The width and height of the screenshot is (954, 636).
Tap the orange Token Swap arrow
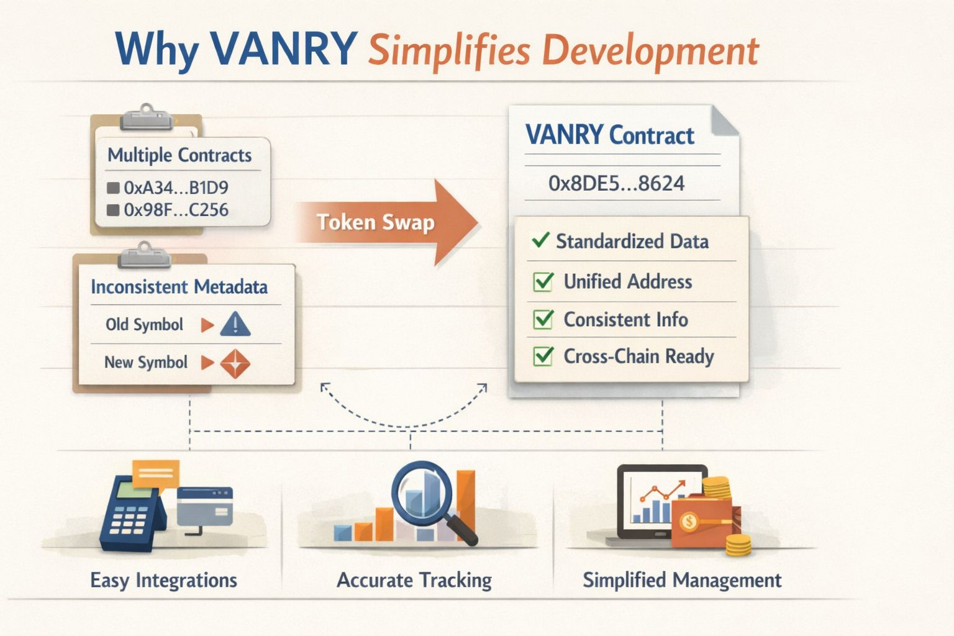385,222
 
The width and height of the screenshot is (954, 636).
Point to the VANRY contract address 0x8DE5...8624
616,183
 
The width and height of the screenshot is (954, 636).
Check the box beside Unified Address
543,282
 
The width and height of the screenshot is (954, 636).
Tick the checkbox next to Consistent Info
543,320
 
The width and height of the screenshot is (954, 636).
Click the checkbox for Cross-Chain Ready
543,357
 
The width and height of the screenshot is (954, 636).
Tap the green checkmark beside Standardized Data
540,240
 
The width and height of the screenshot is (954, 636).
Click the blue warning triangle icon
235,325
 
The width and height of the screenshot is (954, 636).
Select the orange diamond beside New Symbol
235,363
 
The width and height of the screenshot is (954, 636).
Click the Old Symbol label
144,325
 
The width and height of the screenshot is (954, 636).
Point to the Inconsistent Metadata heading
179,287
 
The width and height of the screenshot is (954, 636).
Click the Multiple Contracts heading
179,155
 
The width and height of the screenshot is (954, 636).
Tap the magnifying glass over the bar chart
424,491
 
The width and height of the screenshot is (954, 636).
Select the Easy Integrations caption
163,580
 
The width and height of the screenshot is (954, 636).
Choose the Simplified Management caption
681,580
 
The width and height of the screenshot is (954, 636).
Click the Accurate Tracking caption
414,580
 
